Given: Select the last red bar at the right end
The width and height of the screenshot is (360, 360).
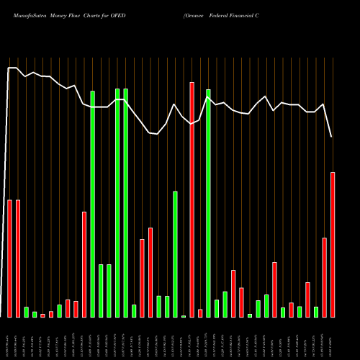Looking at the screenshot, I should pyautogui.click(x=333, y=245).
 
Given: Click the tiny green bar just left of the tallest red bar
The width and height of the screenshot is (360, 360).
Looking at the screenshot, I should pyautogui.click(x=184, y=316).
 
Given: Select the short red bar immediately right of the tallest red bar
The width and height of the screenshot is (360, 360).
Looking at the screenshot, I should pyautogui.click(x=200, y=313).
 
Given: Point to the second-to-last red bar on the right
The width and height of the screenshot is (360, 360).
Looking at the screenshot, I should pyautogui.click(x=324, y=277).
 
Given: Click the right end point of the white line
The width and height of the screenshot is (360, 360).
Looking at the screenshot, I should pyautogui.click(x=332, y=137).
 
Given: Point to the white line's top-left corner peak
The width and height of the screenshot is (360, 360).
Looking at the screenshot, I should pyautogui.click(x=9, y=68).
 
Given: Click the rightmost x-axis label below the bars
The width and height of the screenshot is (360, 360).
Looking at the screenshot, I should pyautogui.click(x=333, y=338).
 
